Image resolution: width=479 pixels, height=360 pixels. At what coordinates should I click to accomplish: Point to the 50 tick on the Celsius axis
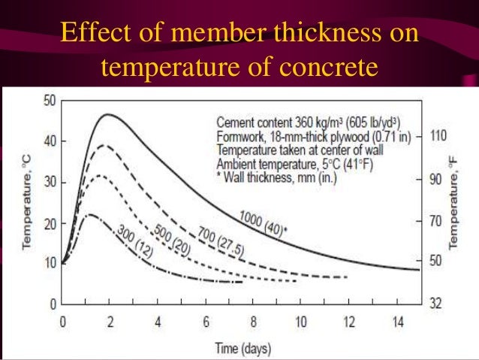point(50,100)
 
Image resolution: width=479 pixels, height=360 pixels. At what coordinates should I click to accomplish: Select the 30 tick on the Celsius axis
point(50,182)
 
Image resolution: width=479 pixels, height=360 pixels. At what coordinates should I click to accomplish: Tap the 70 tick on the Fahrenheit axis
point(437,222)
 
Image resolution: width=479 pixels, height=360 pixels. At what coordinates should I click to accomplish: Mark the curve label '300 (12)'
point(136,242)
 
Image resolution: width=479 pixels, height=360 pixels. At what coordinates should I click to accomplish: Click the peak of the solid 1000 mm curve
point(109,114)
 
